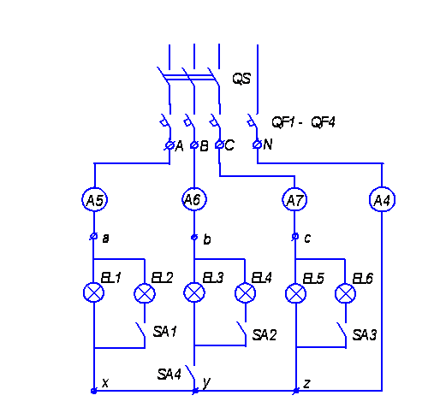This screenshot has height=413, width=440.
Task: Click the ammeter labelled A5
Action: coord(94,199)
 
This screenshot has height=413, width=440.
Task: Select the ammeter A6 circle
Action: coord(194,199)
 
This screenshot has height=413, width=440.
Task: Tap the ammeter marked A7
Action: coord(294,200)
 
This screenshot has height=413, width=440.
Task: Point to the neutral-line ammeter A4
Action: coord(382,199)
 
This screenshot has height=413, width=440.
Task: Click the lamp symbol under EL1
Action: coord(93,292)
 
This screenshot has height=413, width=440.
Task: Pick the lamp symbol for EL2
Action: coord(145,293)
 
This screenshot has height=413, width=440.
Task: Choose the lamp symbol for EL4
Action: coord(245,293)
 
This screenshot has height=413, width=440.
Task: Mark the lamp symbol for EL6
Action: coord(345,294)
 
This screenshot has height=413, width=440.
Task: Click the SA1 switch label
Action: coord(164,332)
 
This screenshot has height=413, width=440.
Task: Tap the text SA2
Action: coord(265,335)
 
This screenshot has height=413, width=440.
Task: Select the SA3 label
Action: coord(365,334)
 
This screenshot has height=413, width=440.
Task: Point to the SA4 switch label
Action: coord(169,374)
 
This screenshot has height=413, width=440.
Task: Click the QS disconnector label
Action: coord(241,79)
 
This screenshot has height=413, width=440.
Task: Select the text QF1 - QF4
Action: coord(303,122)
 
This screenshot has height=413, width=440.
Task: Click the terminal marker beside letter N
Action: coord(257,145)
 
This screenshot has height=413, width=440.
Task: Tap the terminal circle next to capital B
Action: coord(194,145)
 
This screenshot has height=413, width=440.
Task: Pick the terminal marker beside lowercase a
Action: coord(93,236)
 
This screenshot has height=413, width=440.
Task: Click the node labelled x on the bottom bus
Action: coord(93,391)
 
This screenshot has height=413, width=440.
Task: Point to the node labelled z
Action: coord(296,391)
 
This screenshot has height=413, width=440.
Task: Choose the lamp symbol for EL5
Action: coord(295,294)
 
